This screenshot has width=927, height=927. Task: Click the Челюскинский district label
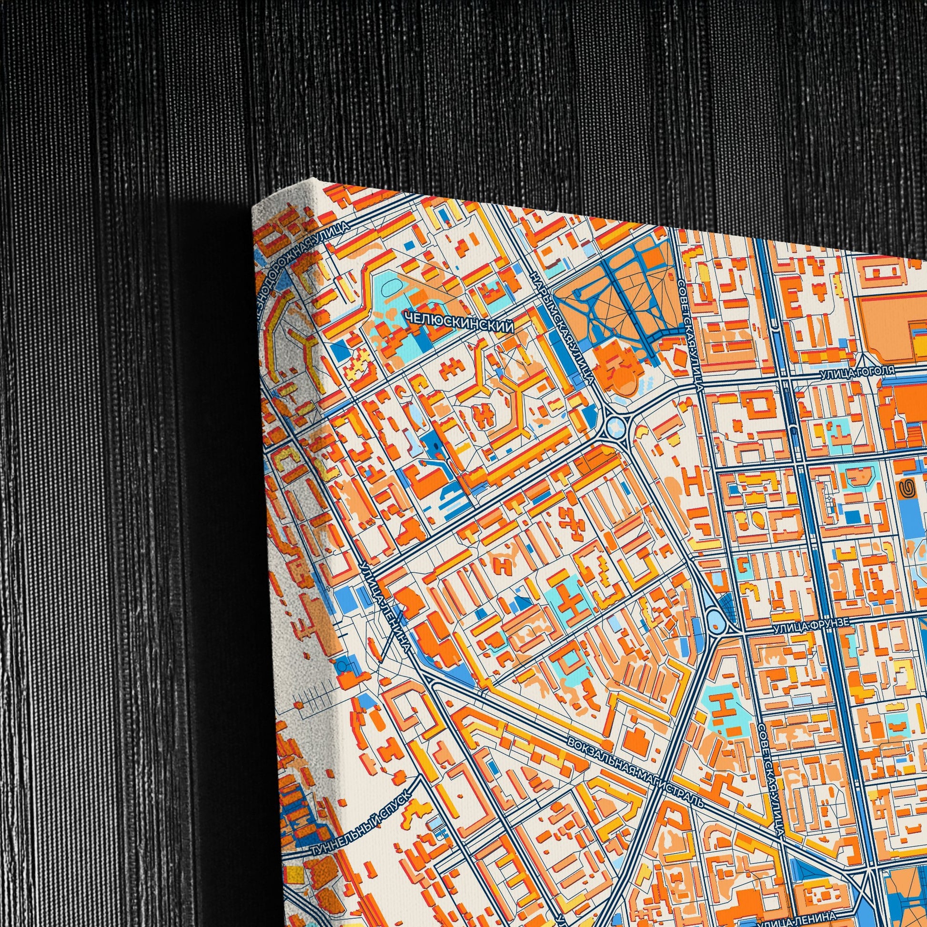[x=459, y=324]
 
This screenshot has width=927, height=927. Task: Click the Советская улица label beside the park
[x=691, y=336]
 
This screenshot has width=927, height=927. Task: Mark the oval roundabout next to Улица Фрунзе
[x=717, y=619]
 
